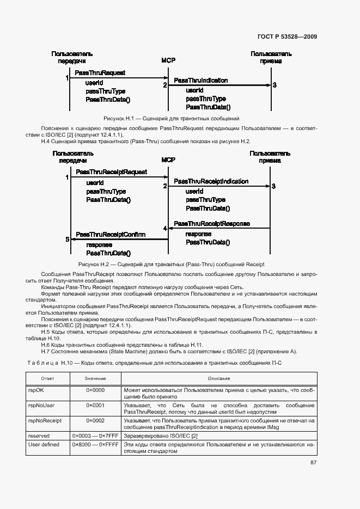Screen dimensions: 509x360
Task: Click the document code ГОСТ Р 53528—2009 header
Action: [286, 37]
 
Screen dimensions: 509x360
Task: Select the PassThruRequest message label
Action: [100, 72]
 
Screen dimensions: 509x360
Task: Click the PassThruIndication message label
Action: [201, 80]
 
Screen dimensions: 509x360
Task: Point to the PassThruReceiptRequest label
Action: [111, 172]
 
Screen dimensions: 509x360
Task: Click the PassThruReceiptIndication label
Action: [211, 181]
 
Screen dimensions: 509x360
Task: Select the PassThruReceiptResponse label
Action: [212, 224]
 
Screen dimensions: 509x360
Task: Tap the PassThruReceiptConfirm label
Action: [111, 235]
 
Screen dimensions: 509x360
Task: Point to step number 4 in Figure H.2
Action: [165, 228]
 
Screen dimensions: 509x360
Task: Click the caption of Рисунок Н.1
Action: [172, 118]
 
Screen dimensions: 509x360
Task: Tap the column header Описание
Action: [219, 378]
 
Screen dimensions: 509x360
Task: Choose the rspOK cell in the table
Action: [35, 390]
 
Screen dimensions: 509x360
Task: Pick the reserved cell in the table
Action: [39, 436]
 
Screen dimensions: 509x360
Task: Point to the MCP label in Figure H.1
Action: [168, 60]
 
